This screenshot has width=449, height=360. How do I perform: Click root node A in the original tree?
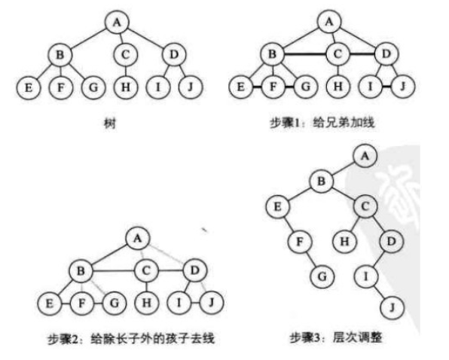tap(117, 23)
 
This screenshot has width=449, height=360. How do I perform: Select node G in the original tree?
tap(93, 87)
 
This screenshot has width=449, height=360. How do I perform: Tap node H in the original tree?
tap(126, 87)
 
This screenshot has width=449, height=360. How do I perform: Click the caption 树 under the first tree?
tap(110, 124)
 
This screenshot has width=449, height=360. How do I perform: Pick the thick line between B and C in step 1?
tap(305, 53)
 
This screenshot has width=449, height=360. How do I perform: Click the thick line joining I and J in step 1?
tap(386, 86)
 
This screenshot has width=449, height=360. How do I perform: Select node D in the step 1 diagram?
tap(386, 53)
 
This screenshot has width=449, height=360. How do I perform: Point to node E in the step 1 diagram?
tap(240, 86)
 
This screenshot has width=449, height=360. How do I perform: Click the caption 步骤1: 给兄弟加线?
tap(322, 123)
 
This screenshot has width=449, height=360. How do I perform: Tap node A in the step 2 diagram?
tap(138, 239)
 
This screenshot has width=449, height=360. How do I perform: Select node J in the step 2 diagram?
tap(212, 303)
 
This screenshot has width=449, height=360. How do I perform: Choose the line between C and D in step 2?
tap(170, 270)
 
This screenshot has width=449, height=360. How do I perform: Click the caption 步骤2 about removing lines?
tap(131, 339)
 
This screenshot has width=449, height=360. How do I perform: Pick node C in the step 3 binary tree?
tap(365, 206)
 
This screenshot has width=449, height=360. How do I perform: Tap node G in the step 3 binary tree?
tap(322, 276)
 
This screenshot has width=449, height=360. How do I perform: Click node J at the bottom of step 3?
tap(392, 307)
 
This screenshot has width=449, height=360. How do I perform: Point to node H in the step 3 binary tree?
tap(344, 241)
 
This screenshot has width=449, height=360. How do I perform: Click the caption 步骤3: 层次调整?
tap(335, 337)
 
